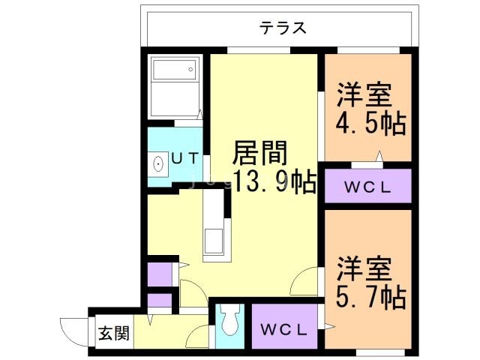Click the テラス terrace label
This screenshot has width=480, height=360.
tap(283, 28)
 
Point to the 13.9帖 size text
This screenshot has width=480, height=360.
tap(272, 182)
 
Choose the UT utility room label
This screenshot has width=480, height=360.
tap(184, 158)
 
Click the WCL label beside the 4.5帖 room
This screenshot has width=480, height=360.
tap(367, 187)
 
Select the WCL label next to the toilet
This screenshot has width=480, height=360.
tap(283, 328)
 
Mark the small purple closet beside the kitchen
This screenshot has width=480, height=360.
tap(159, 274)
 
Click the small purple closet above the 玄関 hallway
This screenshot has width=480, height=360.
tap(159, 302)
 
